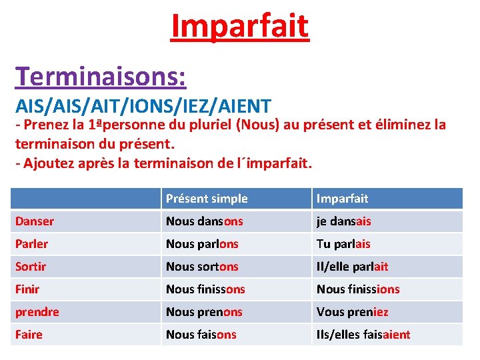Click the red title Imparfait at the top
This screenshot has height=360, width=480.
(x=240, y=26)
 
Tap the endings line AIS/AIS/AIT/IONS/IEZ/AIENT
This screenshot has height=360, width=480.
(x=143, y=105)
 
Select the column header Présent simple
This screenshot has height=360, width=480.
(x=207, y=199)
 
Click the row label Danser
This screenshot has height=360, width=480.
(x=35, y=221)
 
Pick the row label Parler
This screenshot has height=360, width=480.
(x=32, y=244)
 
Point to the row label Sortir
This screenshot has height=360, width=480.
(x=31, y=267)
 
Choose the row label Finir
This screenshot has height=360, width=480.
(x=27, y=289)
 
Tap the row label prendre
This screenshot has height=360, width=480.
(x=37, y=312)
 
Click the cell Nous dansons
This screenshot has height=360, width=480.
(x=205, y=221)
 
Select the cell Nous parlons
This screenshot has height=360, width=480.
(x=202, y=244)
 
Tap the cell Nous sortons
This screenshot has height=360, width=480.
(x=202, y=267)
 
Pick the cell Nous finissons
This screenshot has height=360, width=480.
(x=205, y=289)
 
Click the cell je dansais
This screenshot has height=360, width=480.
(x=344, y=221)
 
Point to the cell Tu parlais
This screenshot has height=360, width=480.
(x=343, y=244)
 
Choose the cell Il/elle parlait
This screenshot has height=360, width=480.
(x=352, y=267)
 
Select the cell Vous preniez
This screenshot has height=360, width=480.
(x=352, y=312)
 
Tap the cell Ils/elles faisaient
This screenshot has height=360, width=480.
(x=363, y=335)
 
